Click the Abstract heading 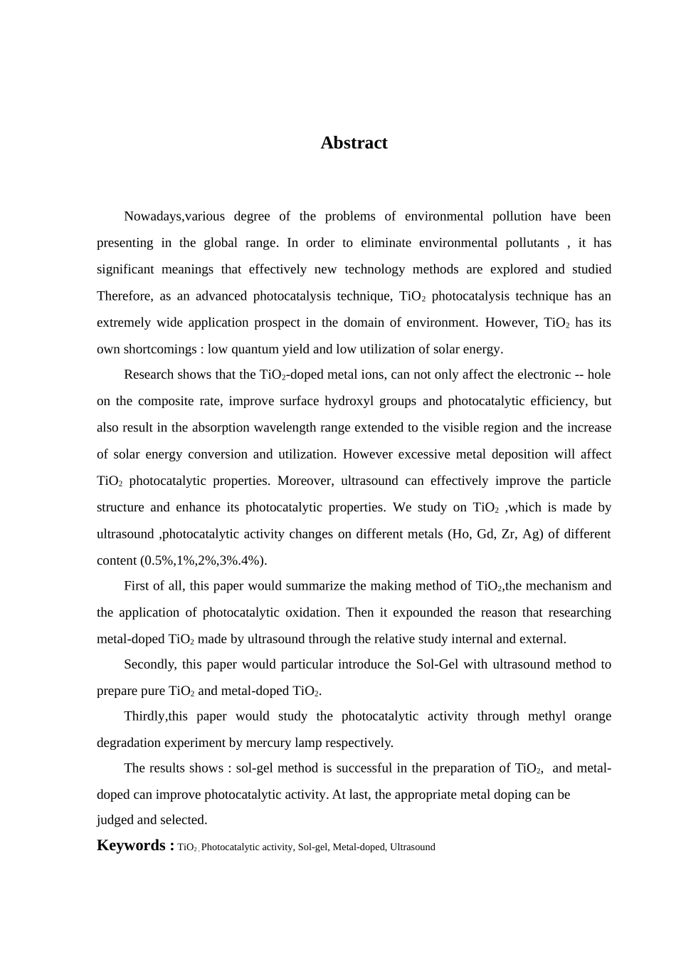pos(354,143)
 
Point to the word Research pos(149,375)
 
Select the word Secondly pos(149,665)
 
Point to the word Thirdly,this pos(156,717)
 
